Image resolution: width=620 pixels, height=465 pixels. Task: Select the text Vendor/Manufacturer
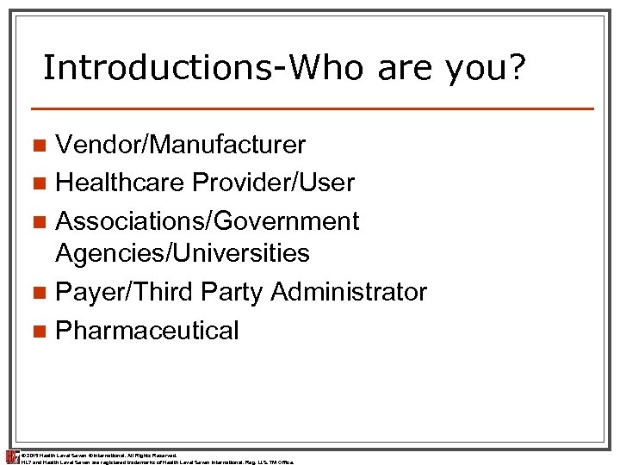[180, 144]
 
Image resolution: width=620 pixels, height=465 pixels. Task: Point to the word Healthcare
[121, 183]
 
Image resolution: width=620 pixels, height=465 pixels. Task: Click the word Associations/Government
[207, 221]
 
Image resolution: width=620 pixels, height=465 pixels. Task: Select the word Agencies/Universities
[182, 253]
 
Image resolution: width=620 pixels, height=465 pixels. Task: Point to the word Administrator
[348, 292]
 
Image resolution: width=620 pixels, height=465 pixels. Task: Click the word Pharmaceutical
[146, 331]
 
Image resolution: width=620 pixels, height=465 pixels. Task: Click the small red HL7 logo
[11, 456]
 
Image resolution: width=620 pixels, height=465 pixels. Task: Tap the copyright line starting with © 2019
[99, 454]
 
